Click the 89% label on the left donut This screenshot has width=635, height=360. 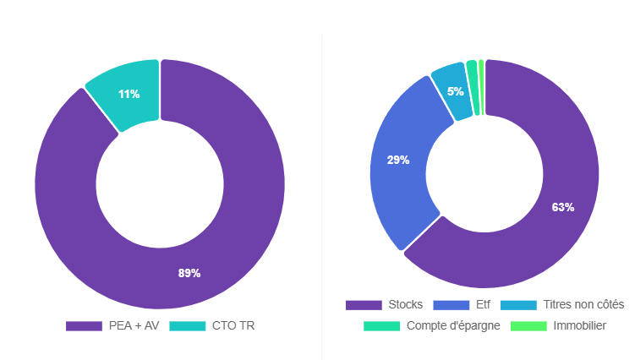(189, 273)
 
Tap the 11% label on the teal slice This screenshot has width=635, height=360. (129, 94)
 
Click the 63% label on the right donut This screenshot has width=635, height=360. (563, 207)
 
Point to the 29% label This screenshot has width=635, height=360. (398, 160)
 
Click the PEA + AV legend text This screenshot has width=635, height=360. (134, 326)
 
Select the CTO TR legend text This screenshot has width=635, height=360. (233, 326)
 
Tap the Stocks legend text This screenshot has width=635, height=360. (406, 304)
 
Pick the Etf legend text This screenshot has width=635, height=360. (483, 304)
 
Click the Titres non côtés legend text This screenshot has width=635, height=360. (584, 304)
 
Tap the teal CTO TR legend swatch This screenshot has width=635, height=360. (187, 326)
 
